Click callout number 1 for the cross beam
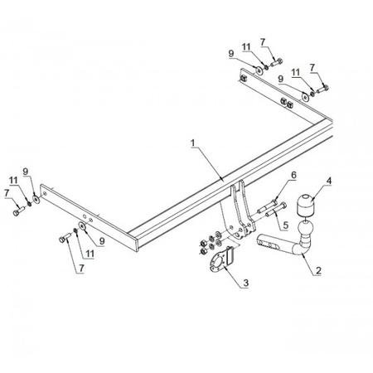pos(193,143)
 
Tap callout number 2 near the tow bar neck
pos(318,270)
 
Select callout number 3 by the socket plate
pos(245,283)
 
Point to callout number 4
pos(328,181)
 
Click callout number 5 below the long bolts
pos(285,225)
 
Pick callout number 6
pos(293,175)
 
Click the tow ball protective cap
pos(306,205)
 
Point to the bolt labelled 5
pos(276,210)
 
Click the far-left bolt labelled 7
pos(19,211)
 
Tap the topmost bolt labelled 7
pos(276,62)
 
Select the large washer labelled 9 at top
pos(259,70)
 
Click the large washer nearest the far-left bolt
pos(36,199)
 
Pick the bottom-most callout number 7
pos(81,268)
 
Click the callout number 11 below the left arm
pos(90,254)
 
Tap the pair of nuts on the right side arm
pos(287,103)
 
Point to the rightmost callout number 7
pos(312,68)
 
